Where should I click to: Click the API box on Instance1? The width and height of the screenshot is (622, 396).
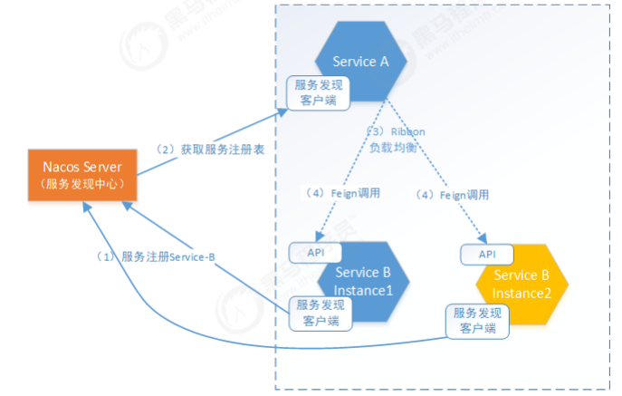pyautogui.click(x=315, y=250)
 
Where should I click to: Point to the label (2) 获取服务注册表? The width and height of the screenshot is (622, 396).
pyautogui.click(x=210, y=148)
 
